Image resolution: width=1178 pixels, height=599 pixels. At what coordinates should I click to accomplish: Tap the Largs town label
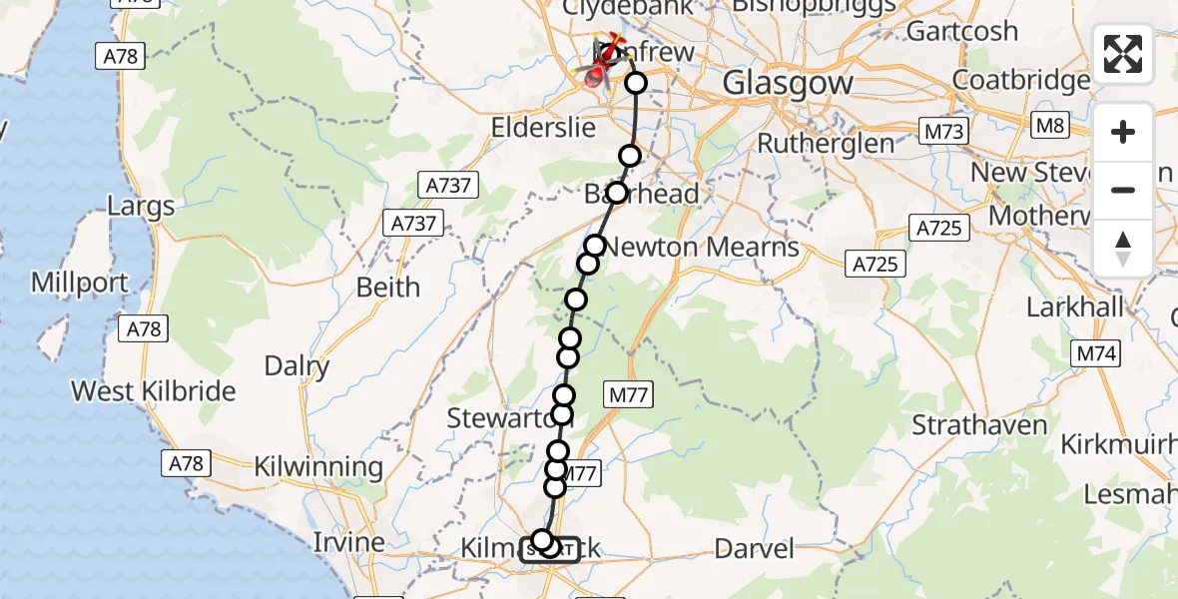[141, 207]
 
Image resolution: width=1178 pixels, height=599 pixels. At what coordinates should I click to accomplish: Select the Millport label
[80, 283]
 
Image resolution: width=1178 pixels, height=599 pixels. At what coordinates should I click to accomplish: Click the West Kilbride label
[153, 390]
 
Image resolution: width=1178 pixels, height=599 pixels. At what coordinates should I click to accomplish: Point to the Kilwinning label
[318, 466]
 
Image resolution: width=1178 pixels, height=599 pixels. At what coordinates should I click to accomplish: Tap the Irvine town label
[348, 543]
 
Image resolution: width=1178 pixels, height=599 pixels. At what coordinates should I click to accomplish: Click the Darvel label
[755, 547]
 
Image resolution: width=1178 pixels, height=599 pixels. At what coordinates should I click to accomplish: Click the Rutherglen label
[826, 144]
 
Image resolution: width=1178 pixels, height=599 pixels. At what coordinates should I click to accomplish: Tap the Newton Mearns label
[703, 246]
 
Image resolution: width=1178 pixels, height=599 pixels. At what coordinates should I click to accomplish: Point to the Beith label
[388, 288]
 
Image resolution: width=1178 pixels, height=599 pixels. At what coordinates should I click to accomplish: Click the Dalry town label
[296, 366]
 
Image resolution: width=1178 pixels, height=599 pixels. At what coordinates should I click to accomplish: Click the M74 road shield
[1097, 352]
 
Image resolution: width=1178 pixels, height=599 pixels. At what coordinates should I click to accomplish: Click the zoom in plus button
[1123, 132]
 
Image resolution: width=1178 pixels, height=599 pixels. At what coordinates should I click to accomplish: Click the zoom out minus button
[1123, 190]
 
